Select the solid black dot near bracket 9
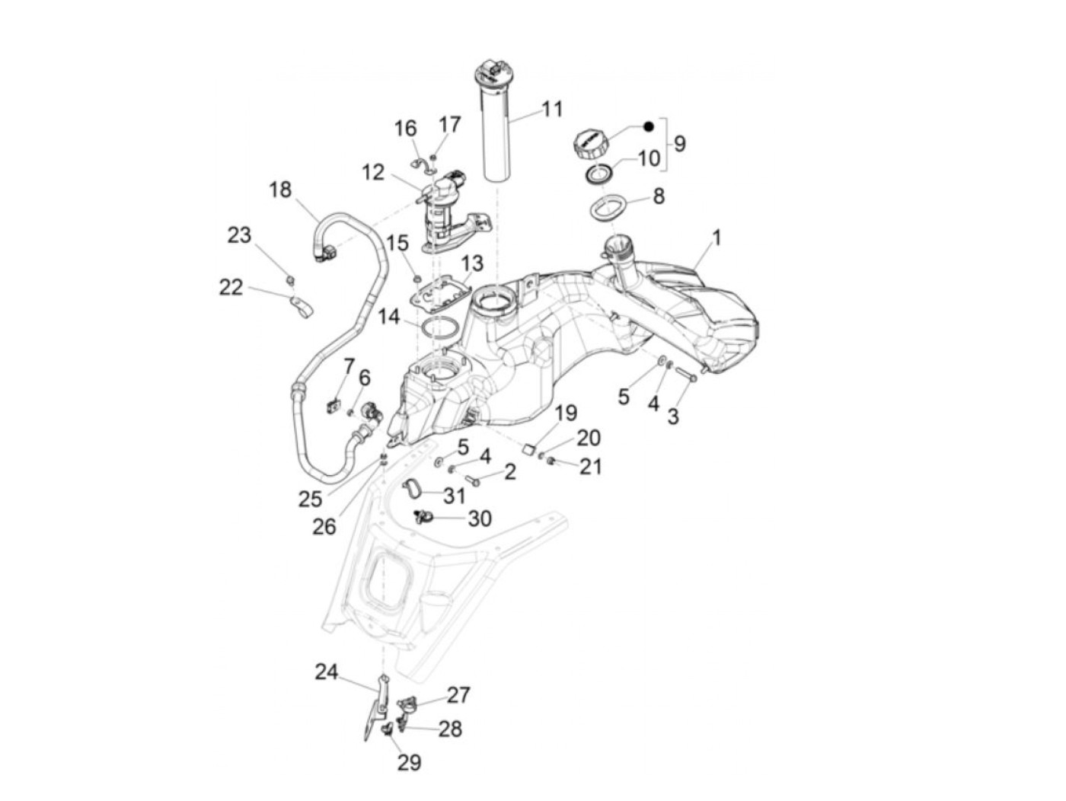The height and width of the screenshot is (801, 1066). click(x=648, y=126)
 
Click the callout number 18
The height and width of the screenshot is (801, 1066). click(x=280, y=189)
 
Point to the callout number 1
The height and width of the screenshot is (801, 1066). click(x=716, y=238)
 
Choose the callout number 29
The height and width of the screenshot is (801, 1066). click(x=409, y=762)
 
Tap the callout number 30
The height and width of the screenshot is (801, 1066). click(x=480, y=519)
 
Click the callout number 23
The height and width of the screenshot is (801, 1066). click(x=239, y=235)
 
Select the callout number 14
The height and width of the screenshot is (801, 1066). click(x=389, y=316)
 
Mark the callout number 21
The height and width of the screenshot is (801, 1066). click(x=590, y=466)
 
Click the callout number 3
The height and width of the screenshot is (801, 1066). click(x=673, y=416)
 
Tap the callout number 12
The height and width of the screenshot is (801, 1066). click(x=373, y=173)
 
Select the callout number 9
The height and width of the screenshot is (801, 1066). click(x=679, y=143)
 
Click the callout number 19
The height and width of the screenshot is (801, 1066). click(x=566, y=413)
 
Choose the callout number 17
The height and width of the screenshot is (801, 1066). click(x=450, y=124)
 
